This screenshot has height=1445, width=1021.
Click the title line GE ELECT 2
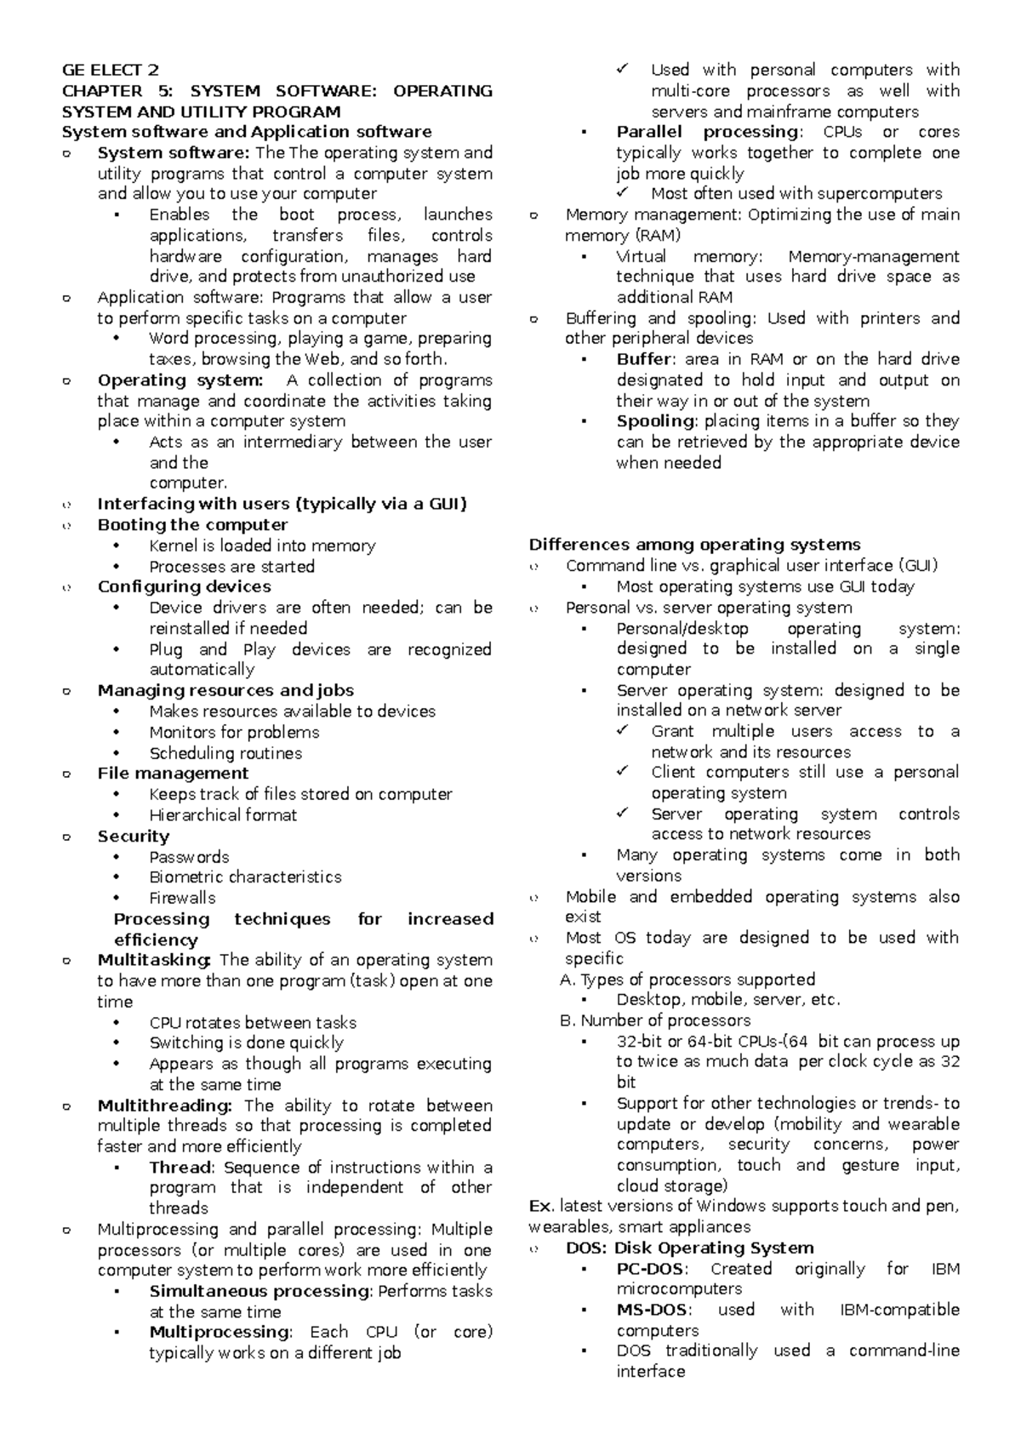(x=110, y=70)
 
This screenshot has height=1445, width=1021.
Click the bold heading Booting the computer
(x=192, y=524)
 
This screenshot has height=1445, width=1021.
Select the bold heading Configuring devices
(x=184, y=586)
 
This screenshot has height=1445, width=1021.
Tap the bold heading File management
(x=173, y=773)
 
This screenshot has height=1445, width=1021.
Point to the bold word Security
(x=134, y=836)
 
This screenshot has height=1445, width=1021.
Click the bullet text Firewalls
(x=182, y=898)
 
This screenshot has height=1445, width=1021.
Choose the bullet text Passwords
(x=189, y=857)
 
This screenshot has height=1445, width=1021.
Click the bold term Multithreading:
(x=164, y=1105)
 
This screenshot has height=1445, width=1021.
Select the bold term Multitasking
(x=153, y=960)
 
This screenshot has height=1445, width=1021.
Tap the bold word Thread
(x=180, y=1168)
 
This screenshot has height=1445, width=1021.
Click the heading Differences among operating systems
(x=694, y=545)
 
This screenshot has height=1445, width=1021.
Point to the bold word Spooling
(x=655, y=421)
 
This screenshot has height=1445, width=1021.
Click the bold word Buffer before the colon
(x=644, y=359)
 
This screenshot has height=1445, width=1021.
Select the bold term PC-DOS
(x=650, y=1269)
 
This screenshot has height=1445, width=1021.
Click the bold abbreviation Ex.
(x=540, y=1206)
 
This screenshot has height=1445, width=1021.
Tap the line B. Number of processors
(x=655, y=1020)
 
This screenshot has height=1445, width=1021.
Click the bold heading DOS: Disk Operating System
(x=689, y=1248)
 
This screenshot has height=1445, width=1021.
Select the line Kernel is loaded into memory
(x=262, y=545)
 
